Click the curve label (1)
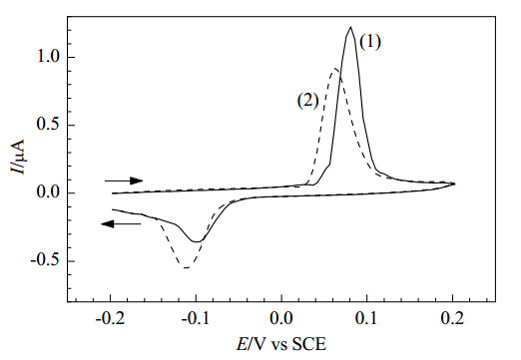(x=370, y=42)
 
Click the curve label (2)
(x=307, y=101)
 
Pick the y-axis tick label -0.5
(x=47, y=261)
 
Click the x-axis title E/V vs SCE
(x=281, y=344)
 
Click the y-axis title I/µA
(x=17, y=156)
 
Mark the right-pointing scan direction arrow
(x=124, y=180)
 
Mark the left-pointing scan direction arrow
(x=121, y=224)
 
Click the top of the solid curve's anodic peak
(x=350, y=27)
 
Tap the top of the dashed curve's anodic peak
(x=335, y=69)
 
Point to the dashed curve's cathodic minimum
(x=187, y=267)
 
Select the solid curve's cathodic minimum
(x=197, y=241)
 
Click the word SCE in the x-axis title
(x=309, y=344)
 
